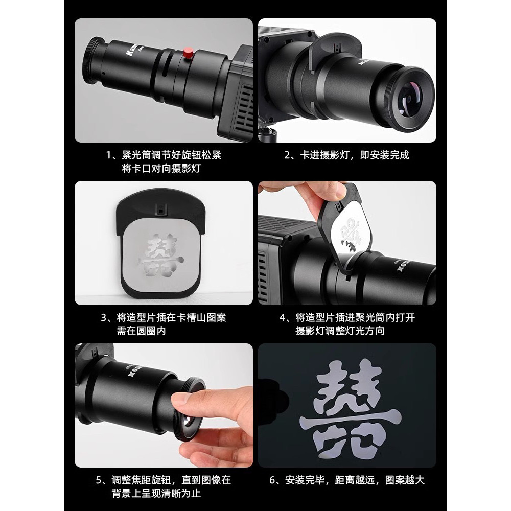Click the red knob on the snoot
click(187, 53)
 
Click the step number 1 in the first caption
click(109, 155)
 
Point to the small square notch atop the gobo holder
click(160, 210)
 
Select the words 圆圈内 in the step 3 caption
click(151, 331)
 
